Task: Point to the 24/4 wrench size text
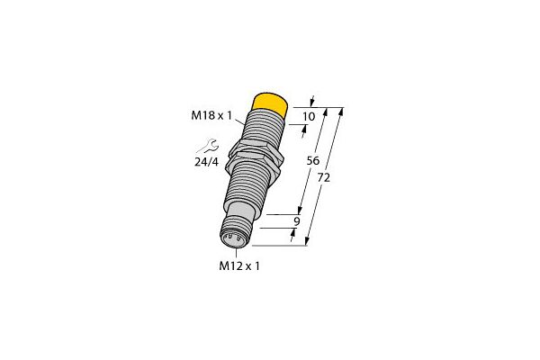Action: point(208,163)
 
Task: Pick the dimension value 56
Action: point(314,160)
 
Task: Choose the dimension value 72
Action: point(325,178)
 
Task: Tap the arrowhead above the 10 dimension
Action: point(311,100)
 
